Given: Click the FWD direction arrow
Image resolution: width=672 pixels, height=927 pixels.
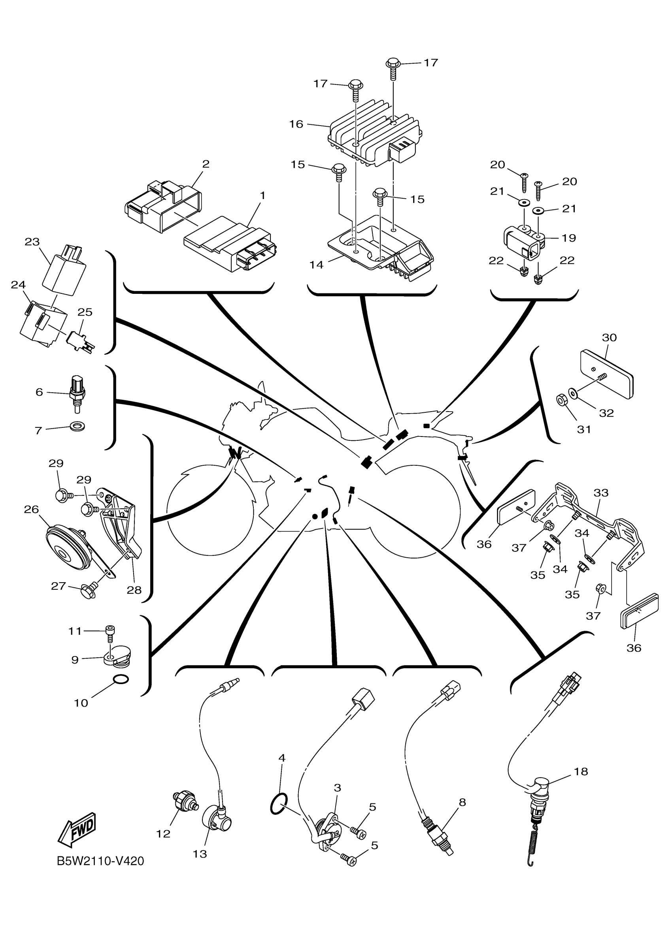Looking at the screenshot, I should pyautogui.click(x=77, y=829).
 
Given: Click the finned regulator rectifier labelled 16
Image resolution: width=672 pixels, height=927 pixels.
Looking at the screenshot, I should pyautogui.click(x=374, y=139).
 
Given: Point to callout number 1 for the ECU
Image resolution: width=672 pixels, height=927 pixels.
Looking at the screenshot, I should pyautogui.click(x=262, y=196).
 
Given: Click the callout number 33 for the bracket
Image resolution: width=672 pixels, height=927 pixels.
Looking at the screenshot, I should pyautogui.click(x=601, y=493).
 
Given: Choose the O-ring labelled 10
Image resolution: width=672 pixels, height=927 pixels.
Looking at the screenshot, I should pyautogui.click(x=120, y=679).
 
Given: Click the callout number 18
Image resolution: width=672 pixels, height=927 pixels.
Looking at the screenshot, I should pyautogui.click(x=581, y=771).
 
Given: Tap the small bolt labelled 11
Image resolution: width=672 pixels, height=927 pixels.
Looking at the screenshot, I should pyautogui.click(x=109, y=631).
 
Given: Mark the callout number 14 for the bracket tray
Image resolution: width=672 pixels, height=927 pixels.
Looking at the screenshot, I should pyautogui.click(x=316, y=265).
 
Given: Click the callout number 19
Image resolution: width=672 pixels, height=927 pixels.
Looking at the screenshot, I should pyautogui.click(x=569, y=238).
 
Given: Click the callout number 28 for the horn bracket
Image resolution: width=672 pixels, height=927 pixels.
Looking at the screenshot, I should pyautogui.click(x=134, y=590).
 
